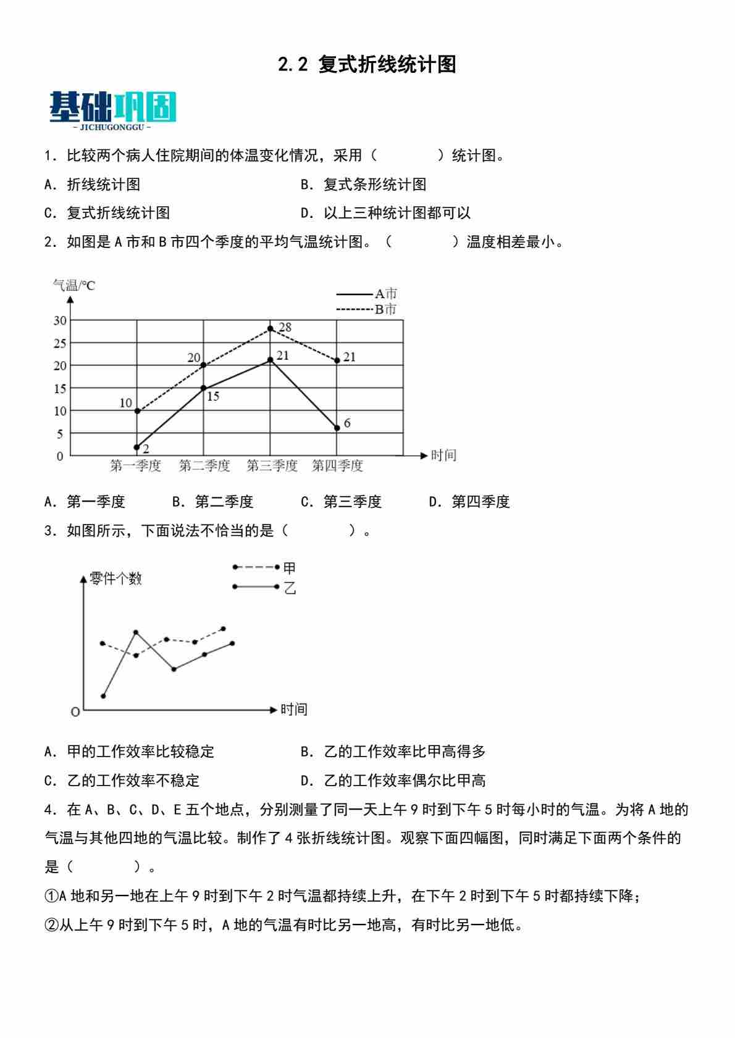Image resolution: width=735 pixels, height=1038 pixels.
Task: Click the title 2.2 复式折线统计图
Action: click(x=367, y=64)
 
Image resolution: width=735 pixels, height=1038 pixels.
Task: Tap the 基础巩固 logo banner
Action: click(x=112, y=110)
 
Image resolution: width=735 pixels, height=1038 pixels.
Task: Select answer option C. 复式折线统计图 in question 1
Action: click(x=107, y=213)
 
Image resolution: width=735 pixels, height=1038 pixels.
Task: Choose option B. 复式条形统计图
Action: click(x=363, y=184)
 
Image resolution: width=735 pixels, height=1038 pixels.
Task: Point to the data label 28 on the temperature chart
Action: click(x=285, y=327)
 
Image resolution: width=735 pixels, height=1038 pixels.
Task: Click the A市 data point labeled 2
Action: click(x=136, y=447)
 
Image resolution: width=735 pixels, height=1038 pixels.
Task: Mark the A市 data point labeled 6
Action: click(x=337, y=428)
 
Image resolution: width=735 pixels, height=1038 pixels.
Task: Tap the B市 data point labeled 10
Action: click(x=136, y=410)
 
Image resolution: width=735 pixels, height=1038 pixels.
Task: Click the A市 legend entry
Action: click(x=367, y=294)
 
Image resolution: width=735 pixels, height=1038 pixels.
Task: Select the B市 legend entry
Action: click(x=367, y=309)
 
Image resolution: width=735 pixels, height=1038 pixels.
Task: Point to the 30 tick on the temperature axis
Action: click(x=59, y=320)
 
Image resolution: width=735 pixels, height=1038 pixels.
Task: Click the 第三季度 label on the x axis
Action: click(x=272, y=465)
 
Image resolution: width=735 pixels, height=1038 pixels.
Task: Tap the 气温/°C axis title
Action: click(x=74, y=285)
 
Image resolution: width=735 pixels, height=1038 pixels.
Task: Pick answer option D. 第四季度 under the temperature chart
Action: click(x=469, y=502)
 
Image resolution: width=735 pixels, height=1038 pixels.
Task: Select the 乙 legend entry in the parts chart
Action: click(x=265, y=587)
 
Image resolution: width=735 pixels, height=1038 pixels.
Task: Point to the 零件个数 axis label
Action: click(x=115, y=578)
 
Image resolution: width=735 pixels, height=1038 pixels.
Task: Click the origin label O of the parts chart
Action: click(x=75, y=712)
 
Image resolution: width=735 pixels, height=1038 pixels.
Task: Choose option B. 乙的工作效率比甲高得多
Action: click(x=393, y=751)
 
